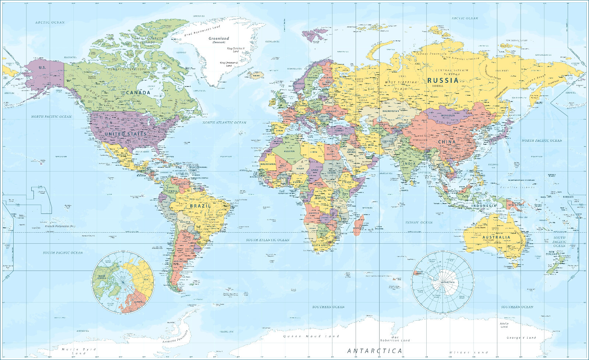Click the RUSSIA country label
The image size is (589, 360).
tap(443, 80)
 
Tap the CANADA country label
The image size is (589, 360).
tap(138, 92)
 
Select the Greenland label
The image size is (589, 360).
tap(219, 39)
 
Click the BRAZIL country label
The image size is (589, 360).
tap(200, 206)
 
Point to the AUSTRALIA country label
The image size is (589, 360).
tap(496, 237)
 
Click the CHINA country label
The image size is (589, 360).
tap(447, 142)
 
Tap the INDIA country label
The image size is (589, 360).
tap(409, 163)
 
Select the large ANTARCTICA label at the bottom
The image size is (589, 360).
tap(375, 351)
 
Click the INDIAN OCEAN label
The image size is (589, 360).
tap(419, 223)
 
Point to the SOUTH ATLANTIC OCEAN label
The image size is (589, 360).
tap(268, 240)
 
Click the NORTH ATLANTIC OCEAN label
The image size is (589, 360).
tap(224, 123)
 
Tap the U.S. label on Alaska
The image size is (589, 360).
tap(42, 68)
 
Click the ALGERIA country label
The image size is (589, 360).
tap(289, 151)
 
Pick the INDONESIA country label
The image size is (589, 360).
tap(484, 206)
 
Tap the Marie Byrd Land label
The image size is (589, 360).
tap(79, 351)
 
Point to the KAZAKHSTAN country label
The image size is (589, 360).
tap(391, 111)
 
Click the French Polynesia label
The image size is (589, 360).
tap(60, 226)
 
